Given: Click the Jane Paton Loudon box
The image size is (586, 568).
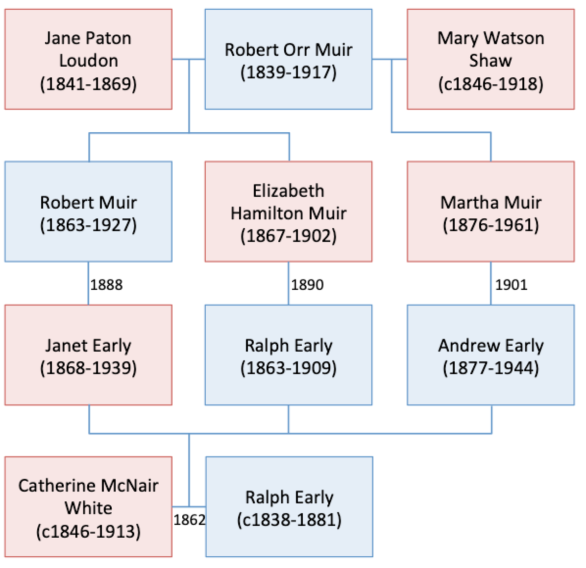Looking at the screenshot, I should click(88, 59).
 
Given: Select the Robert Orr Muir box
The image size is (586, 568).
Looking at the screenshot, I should click(288, 59).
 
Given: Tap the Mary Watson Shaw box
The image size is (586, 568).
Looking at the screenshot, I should click(490, 59).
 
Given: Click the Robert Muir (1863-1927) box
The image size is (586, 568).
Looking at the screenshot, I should click(88, 212).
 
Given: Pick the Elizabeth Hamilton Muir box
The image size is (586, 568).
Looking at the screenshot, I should click(288, 212).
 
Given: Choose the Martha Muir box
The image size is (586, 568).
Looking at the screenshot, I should click(490, 212).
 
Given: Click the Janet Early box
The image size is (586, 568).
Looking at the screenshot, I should click(88, 355).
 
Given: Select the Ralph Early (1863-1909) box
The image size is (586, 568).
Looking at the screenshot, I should click(288, 355).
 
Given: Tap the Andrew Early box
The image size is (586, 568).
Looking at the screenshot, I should click(490, 355).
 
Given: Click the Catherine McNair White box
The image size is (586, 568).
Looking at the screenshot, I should click(88, 507).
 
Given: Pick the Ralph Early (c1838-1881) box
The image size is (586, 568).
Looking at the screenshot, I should click(289, 507).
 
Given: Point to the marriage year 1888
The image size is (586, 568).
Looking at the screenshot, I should click(106, 284).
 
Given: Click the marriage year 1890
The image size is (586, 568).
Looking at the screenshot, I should click(307, 284).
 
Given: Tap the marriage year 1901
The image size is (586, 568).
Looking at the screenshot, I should click(511, 284).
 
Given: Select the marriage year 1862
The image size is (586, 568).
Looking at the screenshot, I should click(189, 520).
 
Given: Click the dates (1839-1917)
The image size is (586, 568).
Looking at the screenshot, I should click(288, 72).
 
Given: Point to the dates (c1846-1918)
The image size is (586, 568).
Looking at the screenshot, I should click(490, 84).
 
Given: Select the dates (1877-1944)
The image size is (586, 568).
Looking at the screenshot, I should click(490, 368).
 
